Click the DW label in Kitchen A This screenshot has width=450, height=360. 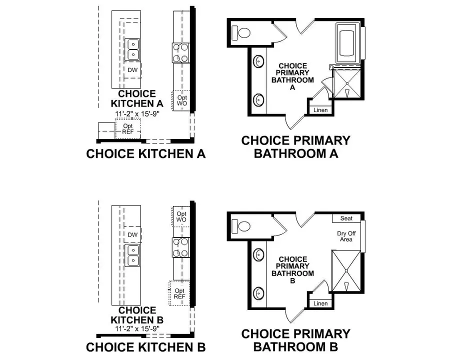click(132, 70)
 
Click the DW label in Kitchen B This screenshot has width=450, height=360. click(132, 234)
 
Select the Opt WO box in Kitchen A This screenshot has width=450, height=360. click(181, 100)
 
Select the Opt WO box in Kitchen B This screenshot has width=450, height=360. click(181, 216)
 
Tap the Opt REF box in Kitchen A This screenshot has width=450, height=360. click(128, 128)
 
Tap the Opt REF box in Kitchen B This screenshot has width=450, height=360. click(179, 293)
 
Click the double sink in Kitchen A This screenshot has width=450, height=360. click(132, 49)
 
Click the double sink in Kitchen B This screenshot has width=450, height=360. click(132, 255)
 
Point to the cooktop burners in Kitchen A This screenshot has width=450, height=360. click(181, 52)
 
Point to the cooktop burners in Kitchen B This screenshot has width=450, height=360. click(181, 247)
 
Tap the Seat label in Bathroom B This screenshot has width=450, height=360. click(346, 218)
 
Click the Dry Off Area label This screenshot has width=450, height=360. click(345, 236)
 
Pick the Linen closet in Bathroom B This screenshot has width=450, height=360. click(320, 303)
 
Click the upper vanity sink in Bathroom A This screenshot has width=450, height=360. click(259, 62)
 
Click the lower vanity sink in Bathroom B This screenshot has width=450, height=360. click(259, 292)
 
